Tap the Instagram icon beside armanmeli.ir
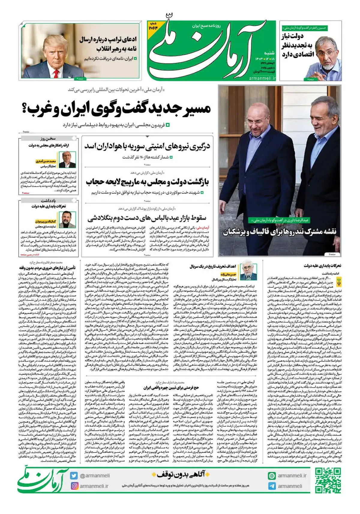tap(74, 486)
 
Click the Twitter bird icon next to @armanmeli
tap(74, 476)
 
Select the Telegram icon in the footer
tap(272, 486)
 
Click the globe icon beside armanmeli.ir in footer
tap(272, 476)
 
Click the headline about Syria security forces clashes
tap(147, 146)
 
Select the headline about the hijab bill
tap(147, 182)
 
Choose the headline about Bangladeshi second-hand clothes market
tap(147, 218)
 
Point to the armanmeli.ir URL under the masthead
tap(262, 78)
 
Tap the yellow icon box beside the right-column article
tap(339, 282)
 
